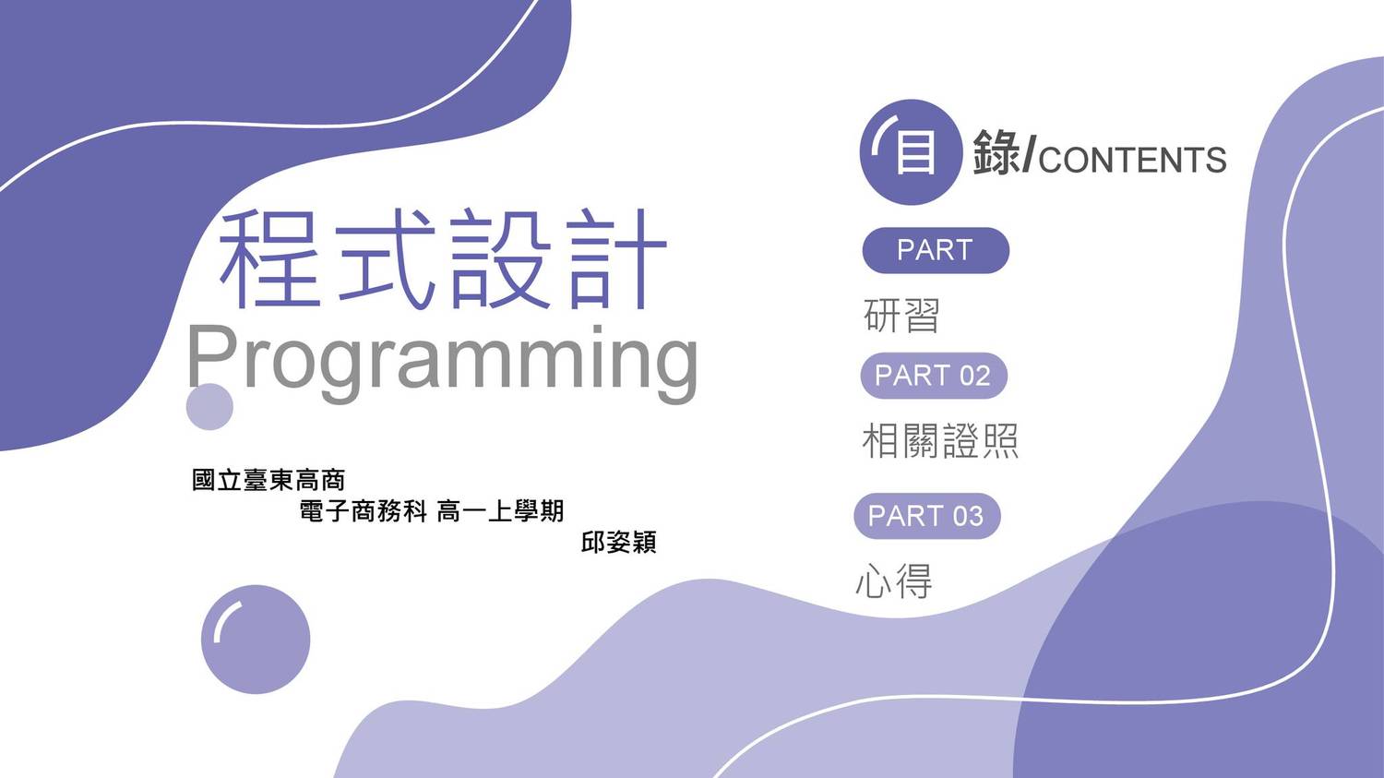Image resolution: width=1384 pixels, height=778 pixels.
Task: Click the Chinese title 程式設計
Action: pos(442,259)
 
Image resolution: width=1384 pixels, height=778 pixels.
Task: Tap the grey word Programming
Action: pos(442,363)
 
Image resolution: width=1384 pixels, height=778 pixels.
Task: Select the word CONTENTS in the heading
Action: pos(1132,160)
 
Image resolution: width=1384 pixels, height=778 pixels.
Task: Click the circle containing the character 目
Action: pos(911,152)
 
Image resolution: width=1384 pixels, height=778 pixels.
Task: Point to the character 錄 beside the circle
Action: pos(997,152)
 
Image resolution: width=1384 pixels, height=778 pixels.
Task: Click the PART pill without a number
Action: pos(936,250)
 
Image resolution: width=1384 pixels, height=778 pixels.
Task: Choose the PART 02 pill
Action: pos(934,376)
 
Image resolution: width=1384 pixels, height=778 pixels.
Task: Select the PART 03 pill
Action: pos(926,516)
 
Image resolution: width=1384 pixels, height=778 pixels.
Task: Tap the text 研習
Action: pos(901,315)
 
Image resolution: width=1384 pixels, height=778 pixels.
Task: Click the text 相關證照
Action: pos(940,440)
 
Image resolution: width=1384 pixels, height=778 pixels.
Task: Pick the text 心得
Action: pos(894,581)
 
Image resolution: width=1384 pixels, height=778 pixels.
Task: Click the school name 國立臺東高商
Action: pos(268,480)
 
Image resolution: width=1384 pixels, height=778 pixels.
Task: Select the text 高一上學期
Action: pos(500,511)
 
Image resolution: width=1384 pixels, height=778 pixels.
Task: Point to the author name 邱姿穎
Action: pos(618,542)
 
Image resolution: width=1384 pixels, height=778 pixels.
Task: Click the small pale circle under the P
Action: pos(209,407)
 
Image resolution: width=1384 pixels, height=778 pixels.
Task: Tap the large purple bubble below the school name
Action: pos(256,639)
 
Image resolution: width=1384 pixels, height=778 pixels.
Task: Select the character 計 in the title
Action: pos(618,259)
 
